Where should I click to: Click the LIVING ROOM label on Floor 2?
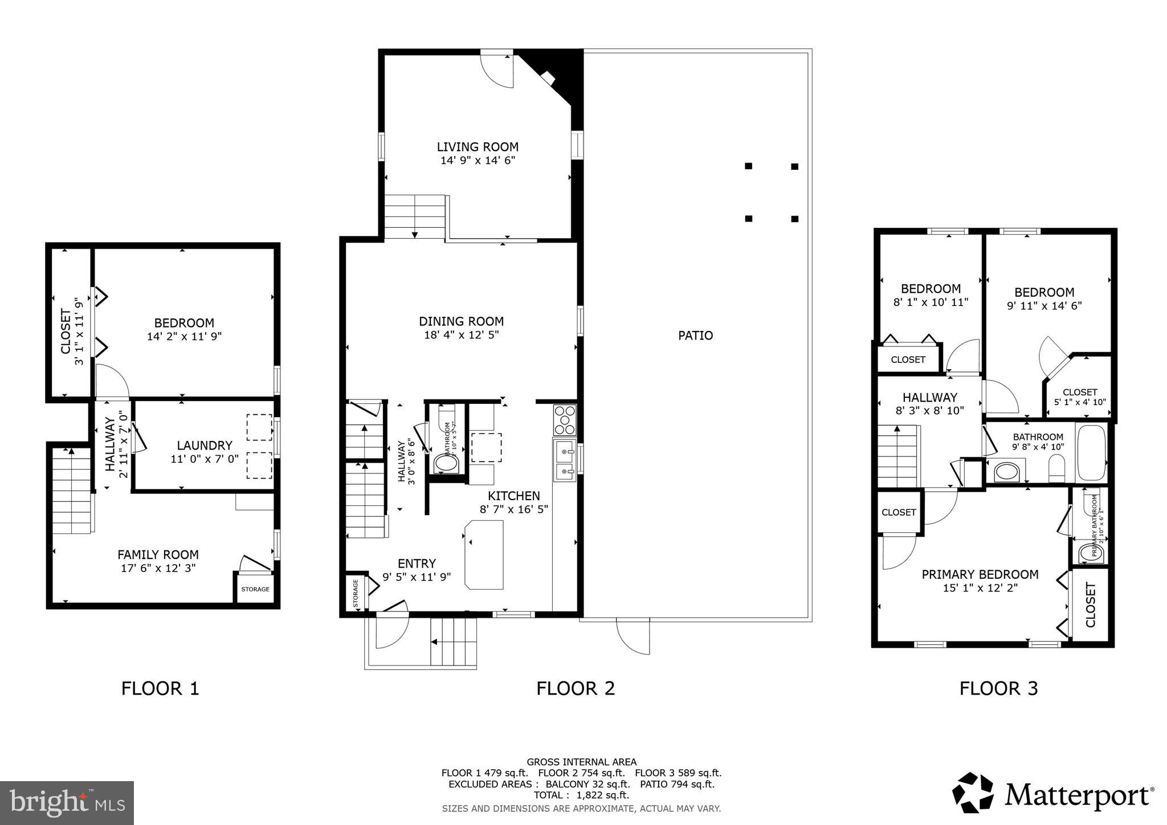(478, 147)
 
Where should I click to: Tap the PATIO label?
(695, 336)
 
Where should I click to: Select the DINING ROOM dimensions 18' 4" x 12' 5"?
(461, 335)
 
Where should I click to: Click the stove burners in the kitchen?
(565, 420)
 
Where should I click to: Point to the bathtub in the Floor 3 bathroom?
(1091, 453)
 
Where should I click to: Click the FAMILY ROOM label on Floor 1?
(158, 554)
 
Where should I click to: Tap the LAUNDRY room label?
(204, 446)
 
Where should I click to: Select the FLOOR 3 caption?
(998, 688)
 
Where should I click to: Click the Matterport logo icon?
(973, 793)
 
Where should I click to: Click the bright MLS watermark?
(67, 803)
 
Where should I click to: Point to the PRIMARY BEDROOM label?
(980, 574)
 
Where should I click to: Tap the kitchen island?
(484, 554)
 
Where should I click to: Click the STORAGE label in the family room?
(255, 589)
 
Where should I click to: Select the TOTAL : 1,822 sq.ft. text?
(581, 795)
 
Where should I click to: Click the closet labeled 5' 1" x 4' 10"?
(1080, 397)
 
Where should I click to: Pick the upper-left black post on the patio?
(749, 166)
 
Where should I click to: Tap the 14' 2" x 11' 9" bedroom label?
(184, 329)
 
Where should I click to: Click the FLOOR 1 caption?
(160, 688)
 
